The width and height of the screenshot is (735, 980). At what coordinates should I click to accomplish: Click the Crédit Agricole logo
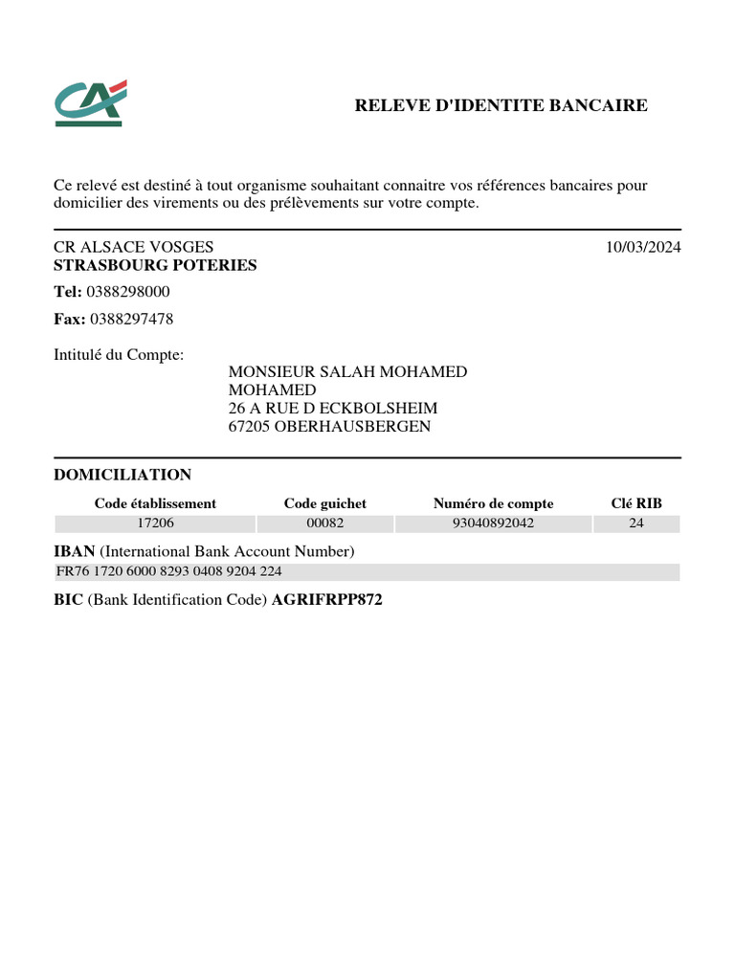point(90,103)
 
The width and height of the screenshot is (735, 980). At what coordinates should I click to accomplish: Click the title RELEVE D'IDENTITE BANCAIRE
point(501,105)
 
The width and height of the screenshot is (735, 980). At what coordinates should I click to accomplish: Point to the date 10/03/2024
point(643,247)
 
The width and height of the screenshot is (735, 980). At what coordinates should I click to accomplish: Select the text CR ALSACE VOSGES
point(133,247)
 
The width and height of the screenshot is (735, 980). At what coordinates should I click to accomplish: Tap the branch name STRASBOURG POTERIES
point(155,265)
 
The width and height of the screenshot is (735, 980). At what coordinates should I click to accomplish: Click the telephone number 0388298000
point(128,292)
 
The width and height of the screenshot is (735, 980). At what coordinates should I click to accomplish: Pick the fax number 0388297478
point(129,319)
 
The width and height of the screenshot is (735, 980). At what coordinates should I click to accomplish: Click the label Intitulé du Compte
point(119,355)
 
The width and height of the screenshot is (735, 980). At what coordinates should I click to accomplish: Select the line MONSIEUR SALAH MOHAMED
point(347,371)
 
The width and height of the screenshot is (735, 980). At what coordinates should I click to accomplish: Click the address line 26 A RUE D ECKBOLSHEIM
point(333,408)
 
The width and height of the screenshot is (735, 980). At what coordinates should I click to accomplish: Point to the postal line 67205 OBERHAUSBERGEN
point(329,426)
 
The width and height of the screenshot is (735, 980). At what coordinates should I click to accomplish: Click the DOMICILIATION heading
point(122,475)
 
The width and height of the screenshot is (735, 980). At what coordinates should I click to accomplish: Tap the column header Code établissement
point(155,503)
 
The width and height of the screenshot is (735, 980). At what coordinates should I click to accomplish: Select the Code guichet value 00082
point(324,523)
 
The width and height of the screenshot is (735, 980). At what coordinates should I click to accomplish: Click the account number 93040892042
point(493,523)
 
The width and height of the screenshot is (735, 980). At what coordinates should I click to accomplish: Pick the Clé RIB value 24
point(636,523)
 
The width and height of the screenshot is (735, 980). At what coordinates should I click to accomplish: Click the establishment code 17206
point(155,523)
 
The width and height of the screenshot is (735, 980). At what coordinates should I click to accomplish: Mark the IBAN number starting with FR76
point(170,571)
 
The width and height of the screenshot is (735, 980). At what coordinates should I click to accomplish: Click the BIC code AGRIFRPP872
point(327,600)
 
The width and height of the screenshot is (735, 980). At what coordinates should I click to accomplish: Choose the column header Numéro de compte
point(493,503)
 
